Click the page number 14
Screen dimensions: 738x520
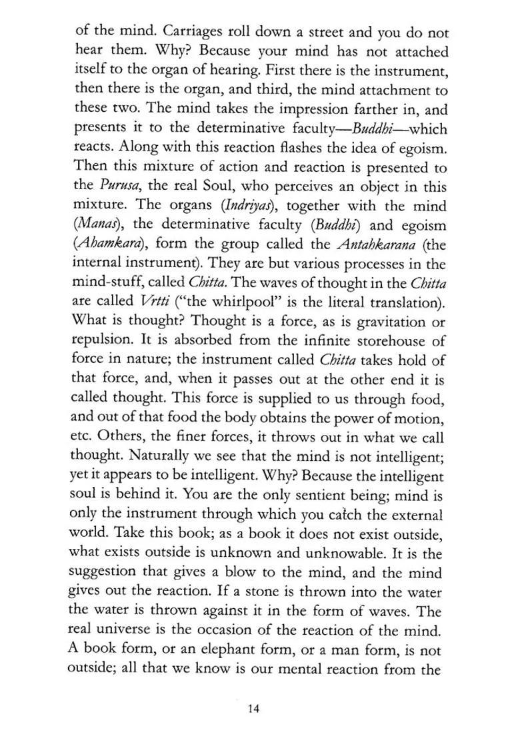pyautogui.click(x=253, y=709)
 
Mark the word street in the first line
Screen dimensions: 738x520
pyautogui.click(x=323, y=32)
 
